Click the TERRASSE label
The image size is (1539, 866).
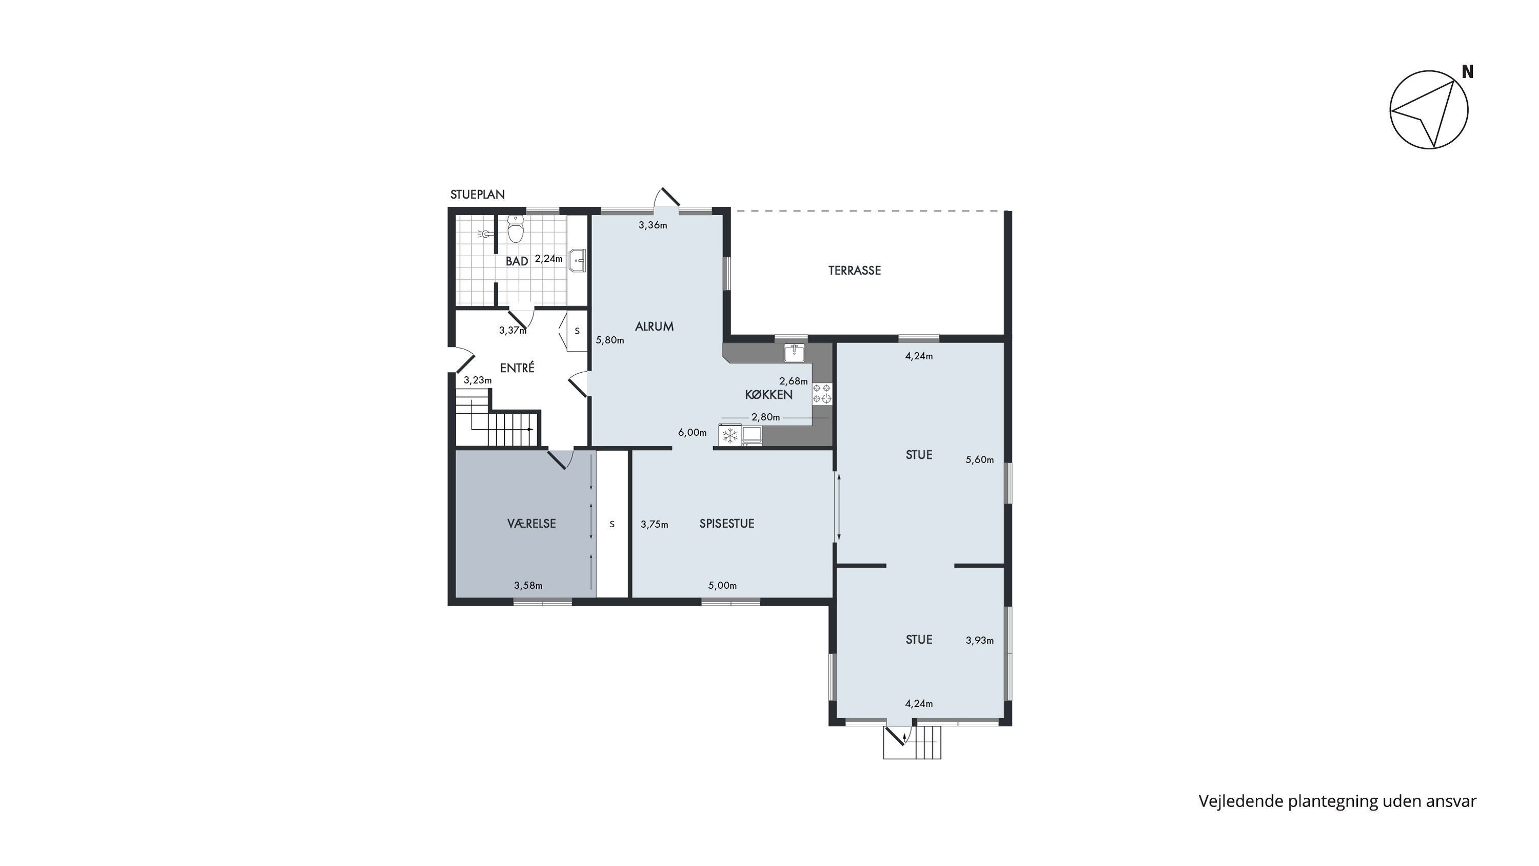(854, 271)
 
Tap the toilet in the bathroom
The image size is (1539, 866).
(516, 229)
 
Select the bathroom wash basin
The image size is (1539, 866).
(578, 261)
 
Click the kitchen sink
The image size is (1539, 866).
(795, 353)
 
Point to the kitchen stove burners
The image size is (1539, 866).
(821, 393)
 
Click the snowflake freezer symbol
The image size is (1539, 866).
(730, 436)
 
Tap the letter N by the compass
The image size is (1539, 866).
(1467, 72)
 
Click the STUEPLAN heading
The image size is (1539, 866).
(478, 194)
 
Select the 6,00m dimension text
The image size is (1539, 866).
(693, 433)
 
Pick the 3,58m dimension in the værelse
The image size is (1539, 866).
(528, 586)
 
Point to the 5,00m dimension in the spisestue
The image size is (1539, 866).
(722, 586)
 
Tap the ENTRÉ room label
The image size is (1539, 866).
(518, 368)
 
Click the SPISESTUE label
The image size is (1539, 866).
(727, 524)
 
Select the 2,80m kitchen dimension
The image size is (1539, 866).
(766, 417)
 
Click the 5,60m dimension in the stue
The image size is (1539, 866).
(980, 460)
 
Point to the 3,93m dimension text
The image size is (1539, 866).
(980, 641)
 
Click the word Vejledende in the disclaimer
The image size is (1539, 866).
(1241, 801)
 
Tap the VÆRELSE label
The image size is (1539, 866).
(531, 524)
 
